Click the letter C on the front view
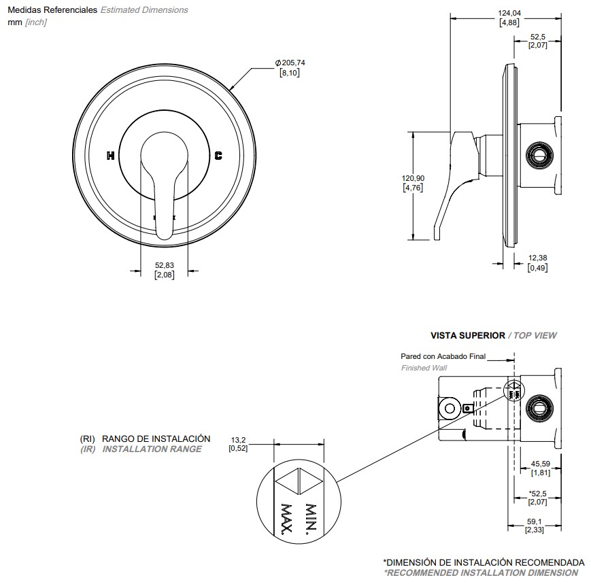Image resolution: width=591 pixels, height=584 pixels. click(218, 156)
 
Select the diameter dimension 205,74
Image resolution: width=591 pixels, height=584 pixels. click(290, 63)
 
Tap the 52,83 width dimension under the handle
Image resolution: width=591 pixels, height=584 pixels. click(165, 265)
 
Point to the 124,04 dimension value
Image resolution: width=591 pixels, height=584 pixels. click(509, 13)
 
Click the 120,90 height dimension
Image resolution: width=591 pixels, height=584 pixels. click(413, 178)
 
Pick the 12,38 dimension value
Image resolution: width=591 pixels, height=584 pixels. click(537, 258)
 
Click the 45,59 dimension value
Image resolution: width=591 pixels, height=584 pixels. click(541, 464)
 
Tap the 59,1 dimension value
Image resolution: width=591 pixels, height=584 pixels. click(535, 522)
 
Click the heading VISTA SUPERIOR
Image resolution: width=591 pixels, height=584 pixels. click(468, 335)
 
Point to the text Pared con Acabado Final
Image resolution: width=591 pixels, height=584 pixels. click(443, 356)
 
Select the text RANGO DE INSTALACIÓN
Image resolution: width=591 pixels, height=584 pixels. click(156, 439)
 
